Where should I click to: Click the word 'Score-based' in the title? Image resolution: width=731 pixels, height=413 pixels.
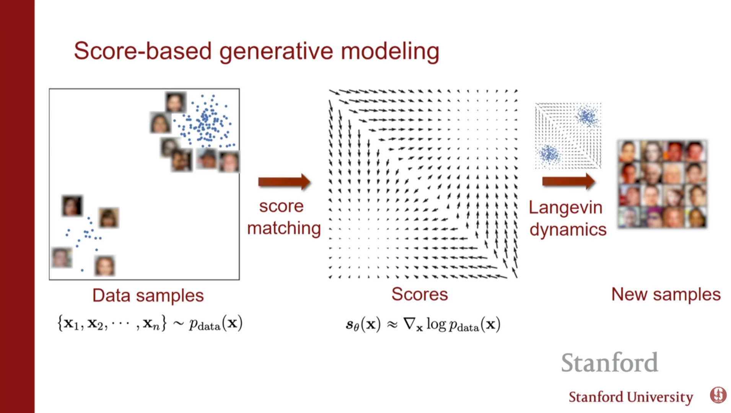point(142,51)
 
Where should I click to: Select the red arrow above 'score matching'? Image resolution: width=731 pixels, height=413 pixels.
point(284,181)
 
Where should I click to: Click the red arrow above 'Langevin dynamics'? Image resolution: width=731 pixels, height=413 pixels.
point(568,181)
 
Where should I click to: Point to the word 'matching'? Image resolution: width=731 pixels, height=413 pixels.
point(283,229)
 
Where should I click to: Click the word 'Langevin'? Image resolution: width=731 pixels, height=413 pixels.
point(565,208)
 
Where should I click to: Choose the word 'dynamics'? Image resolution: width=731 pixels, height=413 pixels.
point(568,230)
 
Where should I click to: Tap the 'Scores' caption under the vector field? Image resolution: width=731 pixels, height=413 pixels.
point(419,294)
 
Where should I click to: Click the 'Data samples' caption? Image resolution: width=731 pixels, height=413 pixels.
point(148,295)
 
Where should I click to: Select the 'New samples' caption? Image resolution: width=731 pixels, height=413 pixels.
point(666,294)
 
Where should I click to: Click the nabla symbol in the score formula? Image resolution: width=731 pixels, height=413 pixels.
point(409,324)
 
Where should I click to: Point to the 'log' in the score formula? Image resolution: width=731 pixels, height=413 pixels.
point(436,324)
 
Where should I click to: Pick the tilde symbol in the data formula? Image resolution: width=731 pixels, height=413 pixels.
point(178,324)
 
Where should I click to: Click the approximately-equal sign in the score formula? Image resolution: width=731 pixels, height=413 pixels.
point(392,325)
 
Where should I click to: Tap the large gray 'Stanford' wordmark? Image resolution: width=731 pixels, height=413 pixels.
point(609,362)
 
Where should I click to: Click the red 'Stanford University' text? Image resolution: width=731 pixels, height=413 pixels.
point(630,397)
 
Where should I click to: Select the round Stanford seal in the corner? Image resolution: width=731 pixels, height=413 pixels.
point(718,395)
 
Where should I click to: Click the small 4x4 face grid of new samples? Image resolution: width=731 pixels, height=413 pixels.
point(663,184)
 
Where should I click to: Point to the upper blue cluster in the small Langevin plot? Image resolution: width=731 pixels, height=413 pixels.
point(587,117)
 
